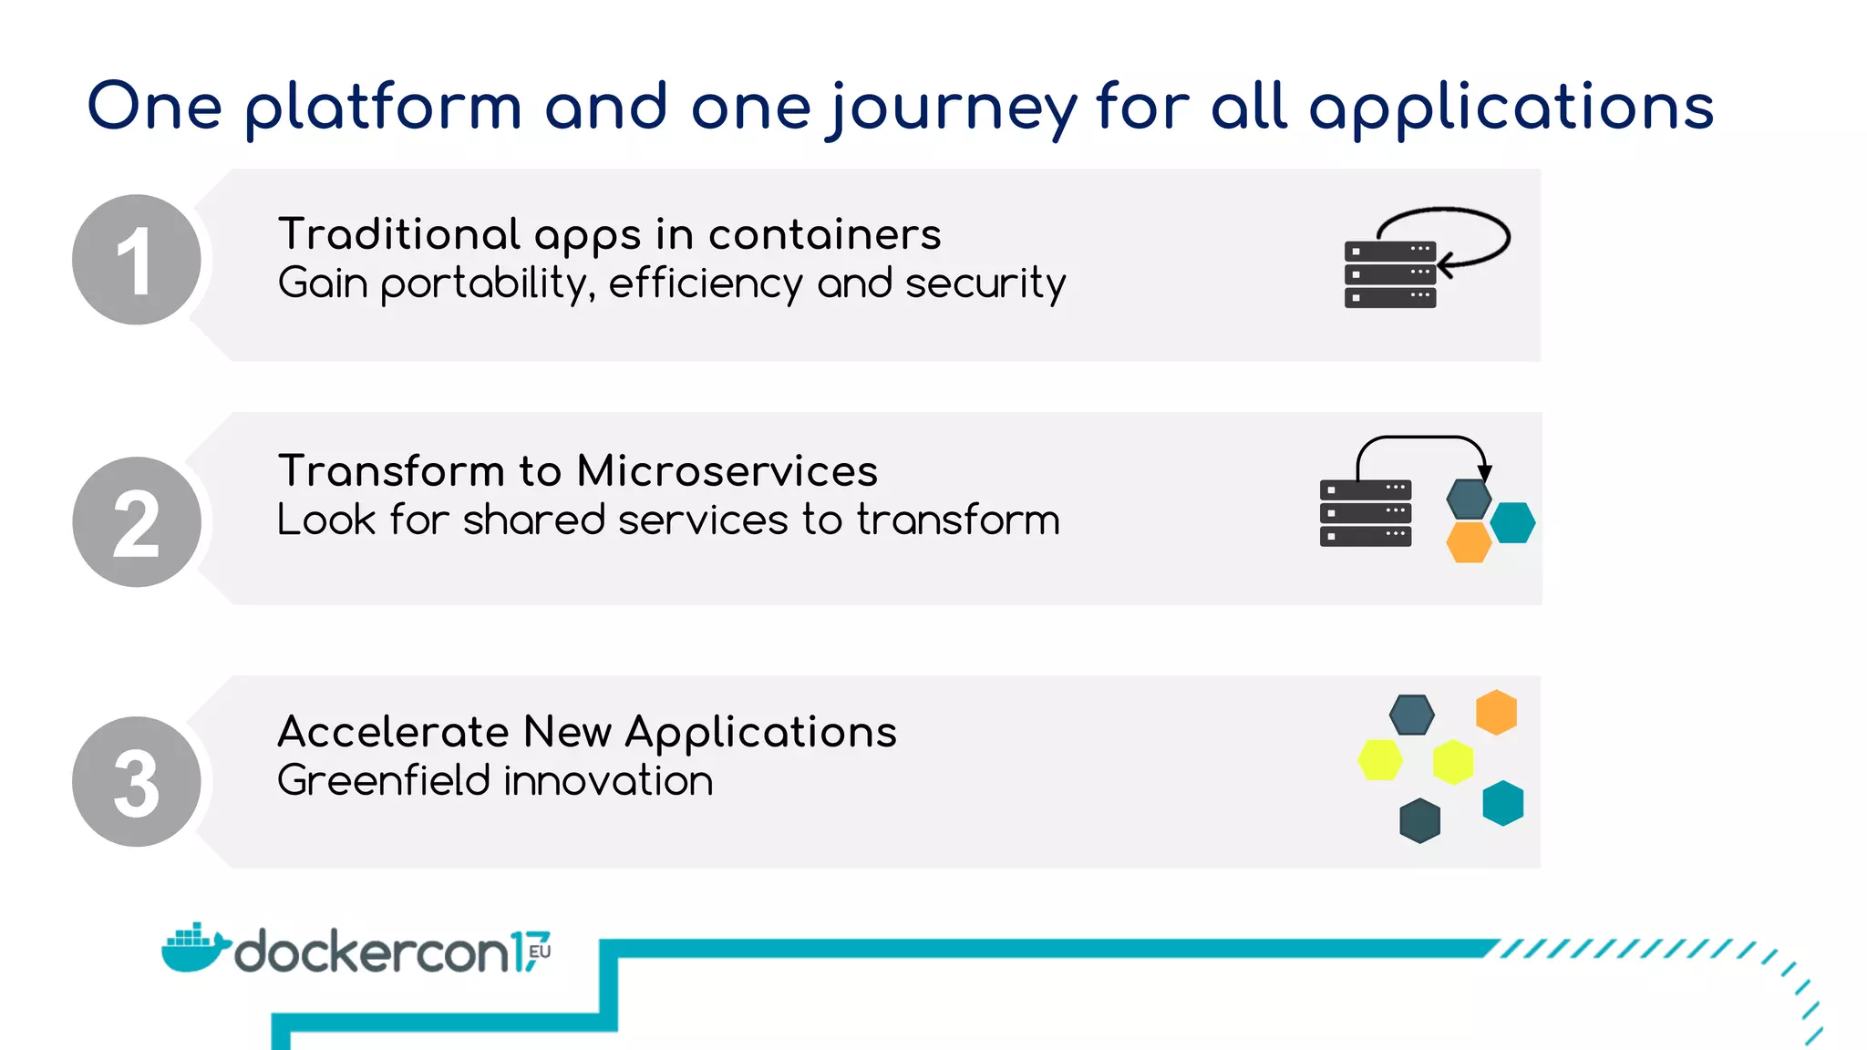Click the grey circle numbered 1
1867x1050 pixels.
click(137, 260)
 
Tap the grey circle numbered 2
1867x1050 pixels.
click(137, 521)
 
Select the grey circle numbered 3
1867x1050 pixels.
click(137, 781)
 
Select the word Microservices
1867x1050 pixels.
click(727, 471)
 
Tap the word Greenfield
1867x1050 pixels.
click(384, 781)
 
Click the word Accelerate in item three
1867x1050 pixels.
click(393, 732)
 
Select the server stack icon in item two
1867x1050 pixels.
click(1365, 513)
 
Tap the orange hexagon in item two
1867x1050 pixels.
click(1469, 541)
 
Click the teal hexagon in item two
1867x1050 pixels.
click(1513, 522)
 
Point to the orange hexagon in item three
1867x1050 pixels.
click(1496, 712)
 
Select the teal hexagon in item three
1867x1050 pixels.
click(1503, 803)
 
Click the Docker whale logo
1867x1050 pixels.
click(193, 948)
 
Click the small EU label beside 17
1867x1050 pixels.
click(540, 951)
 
